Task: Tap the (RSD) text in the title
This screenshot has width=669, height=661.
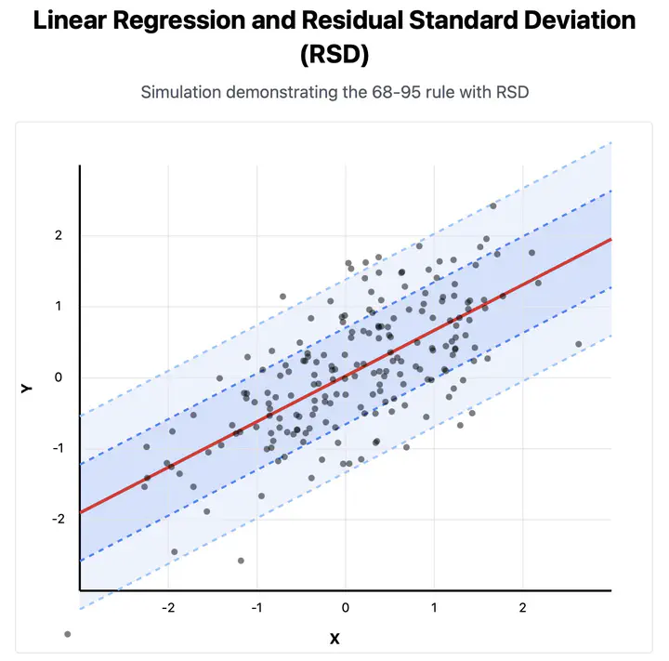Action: (x=334, y=54)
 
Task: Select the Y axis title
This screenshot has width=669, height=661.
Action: (x=26, y=387)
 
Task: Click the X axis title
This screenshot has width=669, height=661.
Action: (x=334, y=639)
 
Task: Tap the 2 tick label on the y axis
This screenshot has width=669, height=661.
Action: (x=58, y=235)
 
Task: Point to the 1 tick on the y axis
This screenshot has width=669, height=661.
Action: (x=58, y=306)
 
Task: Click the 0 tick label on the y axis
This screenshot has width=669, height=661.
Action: (x=58, y=377)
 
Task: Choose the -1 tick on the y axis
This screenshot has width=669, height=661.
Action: (x=56, y=448)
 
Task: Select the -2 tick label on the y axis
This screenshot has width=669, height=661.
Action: (x=56, y=519)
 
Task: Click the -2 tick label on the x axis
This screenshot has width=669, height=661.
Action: (x=167, y=607)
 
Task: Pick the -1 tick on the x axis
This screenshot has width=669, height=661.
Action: (x=256, y=607)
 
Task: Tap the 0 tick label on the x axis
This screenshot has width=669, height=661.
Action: (x=346, y=607)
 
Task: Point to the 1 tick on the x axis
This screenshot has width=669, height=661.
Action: (x=434, y=607)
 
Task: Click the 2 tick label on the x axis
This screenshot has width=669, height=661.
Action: (x=522, y=607)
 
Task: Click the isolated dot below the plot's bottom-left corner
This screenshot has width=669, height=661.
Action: (x=67, y=634)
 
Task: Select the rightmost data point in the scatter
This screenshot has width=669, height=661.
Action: (x=578, y=344)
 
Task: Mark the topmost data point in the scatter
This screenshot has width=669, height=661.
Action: (x=492, y=206)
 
